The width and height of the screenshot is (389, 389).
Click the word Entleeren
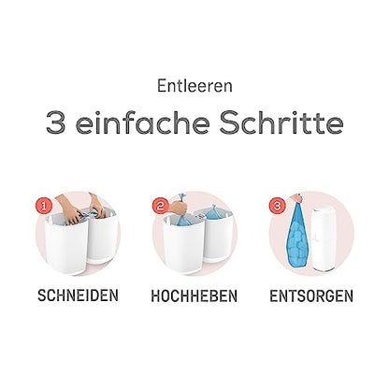(x=194, y=86)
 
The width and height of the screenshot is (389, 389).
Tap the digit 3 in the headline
(x=56, y=122)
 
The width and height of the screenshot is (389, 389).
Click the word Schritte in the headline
(x=281, y=122)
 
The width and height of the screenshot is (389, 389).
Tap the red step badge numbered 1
(x=44, y=206)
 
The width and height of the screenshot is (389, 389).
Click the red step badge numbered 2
(x=161, y=206)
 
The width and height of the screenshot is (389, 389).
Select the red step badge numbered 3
(x=277, y=206)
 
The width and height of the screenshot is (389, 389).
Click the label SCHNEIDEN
(x=78, y=295)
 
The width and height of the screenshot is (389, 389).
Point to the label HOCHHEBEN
(x=194, y=295)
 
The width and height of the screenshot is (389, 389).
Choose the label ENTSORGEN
(x=311, y=295)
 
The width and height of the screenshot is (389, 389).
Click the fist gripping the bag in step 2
(x=178, y=207)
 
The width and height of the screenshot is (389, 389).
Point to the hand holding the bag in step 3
(x=295, y=197)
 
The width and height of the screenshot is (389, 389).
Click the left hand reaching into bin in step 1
(x=68, y=209)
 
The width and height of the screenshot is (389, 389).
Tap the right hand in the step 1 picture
(x=96, y=204)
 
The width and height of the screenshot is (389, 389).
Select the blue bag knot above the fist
(x=180, y=197)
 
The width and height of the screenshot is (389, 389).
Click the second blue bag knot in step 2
(x=213, y=209)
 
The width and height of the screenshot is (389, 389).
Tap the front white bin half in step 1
(x=66, y=246)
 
